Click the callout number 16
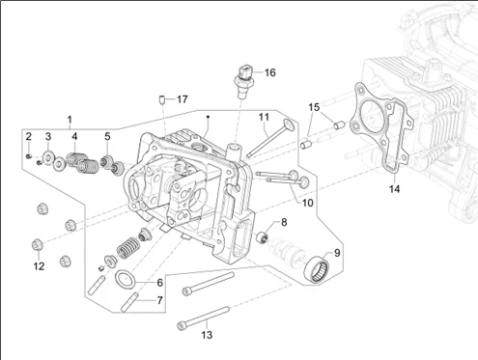pyautogui.click(x=270, y=72)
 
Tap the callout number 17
pyautogui.click(x=183, y=99)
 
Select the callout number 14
pyautogui.click(x=394, y=189)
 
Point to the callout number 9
pyautogui.click(x=337, y=253)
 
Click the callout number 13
pyautogui.click(x=207, y=335)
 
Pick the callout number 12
pyautogui.click(x=39, y=266)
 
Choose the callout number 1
pyautogui.click(x=70, y=120)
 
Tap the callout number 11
pyautogui.click(x=264, y=117)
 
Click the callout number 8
pyautogui.click(x=284, y=222)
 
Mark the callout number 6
pyautogui.click(x=159, y=283)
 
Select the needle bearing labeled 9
pyautogui.click(x=318, y=267)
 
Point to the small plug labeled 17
pyautogui.click(x=162, y=99)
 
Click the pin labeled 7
pyautogui.click(x=129, y=302)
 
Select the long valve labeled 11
pyautogui.click(x=270, y=139)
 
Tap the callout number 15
pyautogui.click(x=314, y=107)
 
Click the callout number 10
pyautogui.click(x=307, y=203)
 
